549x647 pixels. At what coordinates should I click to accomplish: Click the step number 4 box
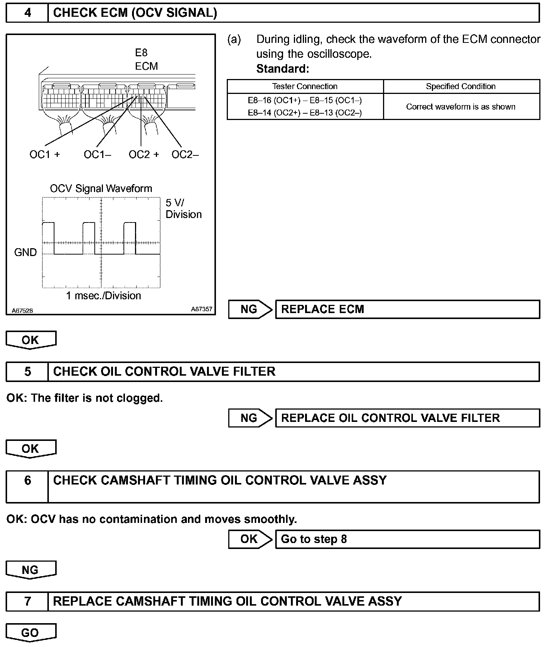[x=27, y=13]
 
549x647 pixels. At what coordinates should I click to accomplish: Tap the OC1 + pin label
[x=45, y=154]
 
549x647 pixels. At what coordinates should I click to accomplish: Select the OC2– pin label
[x=185, y=154]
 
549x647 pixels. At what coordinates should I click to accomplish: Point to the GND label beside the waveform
[x=25, y=252]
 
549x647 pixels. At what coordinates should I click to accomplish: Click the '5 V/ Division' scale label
[x=183, y=208]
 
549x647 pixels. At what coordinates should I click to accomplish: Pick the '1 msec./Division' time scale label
[x=103, y=296]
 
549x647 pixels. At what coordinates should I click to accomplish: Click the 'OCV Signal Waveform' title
[x=101, y=189]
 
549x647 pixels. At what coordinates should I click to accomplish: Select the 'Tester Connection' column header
[x=305, y=86]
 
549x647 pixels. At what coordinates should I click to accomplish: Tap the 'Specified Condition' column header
[x=461, y=86]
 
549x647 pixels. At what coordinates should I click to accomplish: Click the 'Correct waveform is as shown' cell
[x=461, y=107]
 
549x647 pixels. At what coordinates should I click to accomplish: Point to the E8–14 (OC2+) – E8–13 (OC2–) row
[x=305, y=113]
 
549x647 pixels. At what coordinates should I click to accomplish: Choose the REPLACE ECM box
[x=407, y=309]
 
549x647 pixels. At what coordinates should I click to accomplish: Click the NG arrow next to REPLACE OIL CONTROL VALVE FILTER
[x=250, y=418]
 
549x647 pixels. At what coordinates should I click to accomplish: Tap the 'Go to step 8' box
[x=407, y=539]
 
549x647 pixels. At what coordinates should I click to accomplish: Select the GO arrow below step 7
[x=31, y=632]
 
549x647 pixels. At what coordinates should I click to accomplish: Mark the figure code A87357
[x=201, y=309]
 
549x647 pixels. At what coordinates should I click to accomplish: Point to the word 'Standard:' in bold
[x=283, y=69]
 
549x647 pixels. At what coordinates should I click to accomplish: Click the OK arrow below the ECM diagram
[x=31, y=340]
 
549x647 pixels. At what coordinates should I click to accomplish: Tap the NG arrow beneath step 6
[x=31, y=570]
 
